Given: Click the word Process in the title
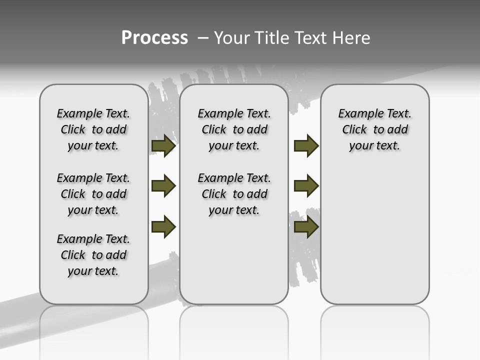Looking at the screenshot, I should coord(154,37).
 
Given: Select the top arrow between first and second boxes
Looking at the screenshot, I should coord(163,146).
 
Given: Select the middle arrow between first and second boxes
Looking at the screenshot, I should coord(163,186).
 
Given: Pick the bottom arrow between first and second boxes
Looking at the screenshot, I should coord(163,226).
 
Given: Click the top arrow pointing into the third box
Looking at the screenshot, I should coord(306,146).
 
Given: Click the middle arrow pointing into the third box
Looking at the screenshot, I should coord(306,186).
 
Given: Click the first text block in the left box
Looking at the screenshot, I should coord(93,129).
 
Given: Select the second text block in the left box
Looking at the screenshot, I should coord(93,194).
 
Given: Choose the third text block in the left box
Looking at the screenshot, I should coord(93,255).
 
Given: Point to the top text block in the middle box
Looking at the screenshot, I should coord(234,129).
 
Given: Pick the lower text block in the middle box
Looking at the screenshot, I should coord(234,194).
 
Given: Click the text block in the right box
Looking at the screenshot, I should coord(374,129).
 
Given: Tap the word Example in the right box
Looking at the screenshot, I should coord(356,114).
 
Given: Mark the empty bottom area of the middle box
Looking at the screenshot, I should coord(234,265).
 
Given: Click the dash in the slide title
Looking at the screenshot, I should coord(202,38).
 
